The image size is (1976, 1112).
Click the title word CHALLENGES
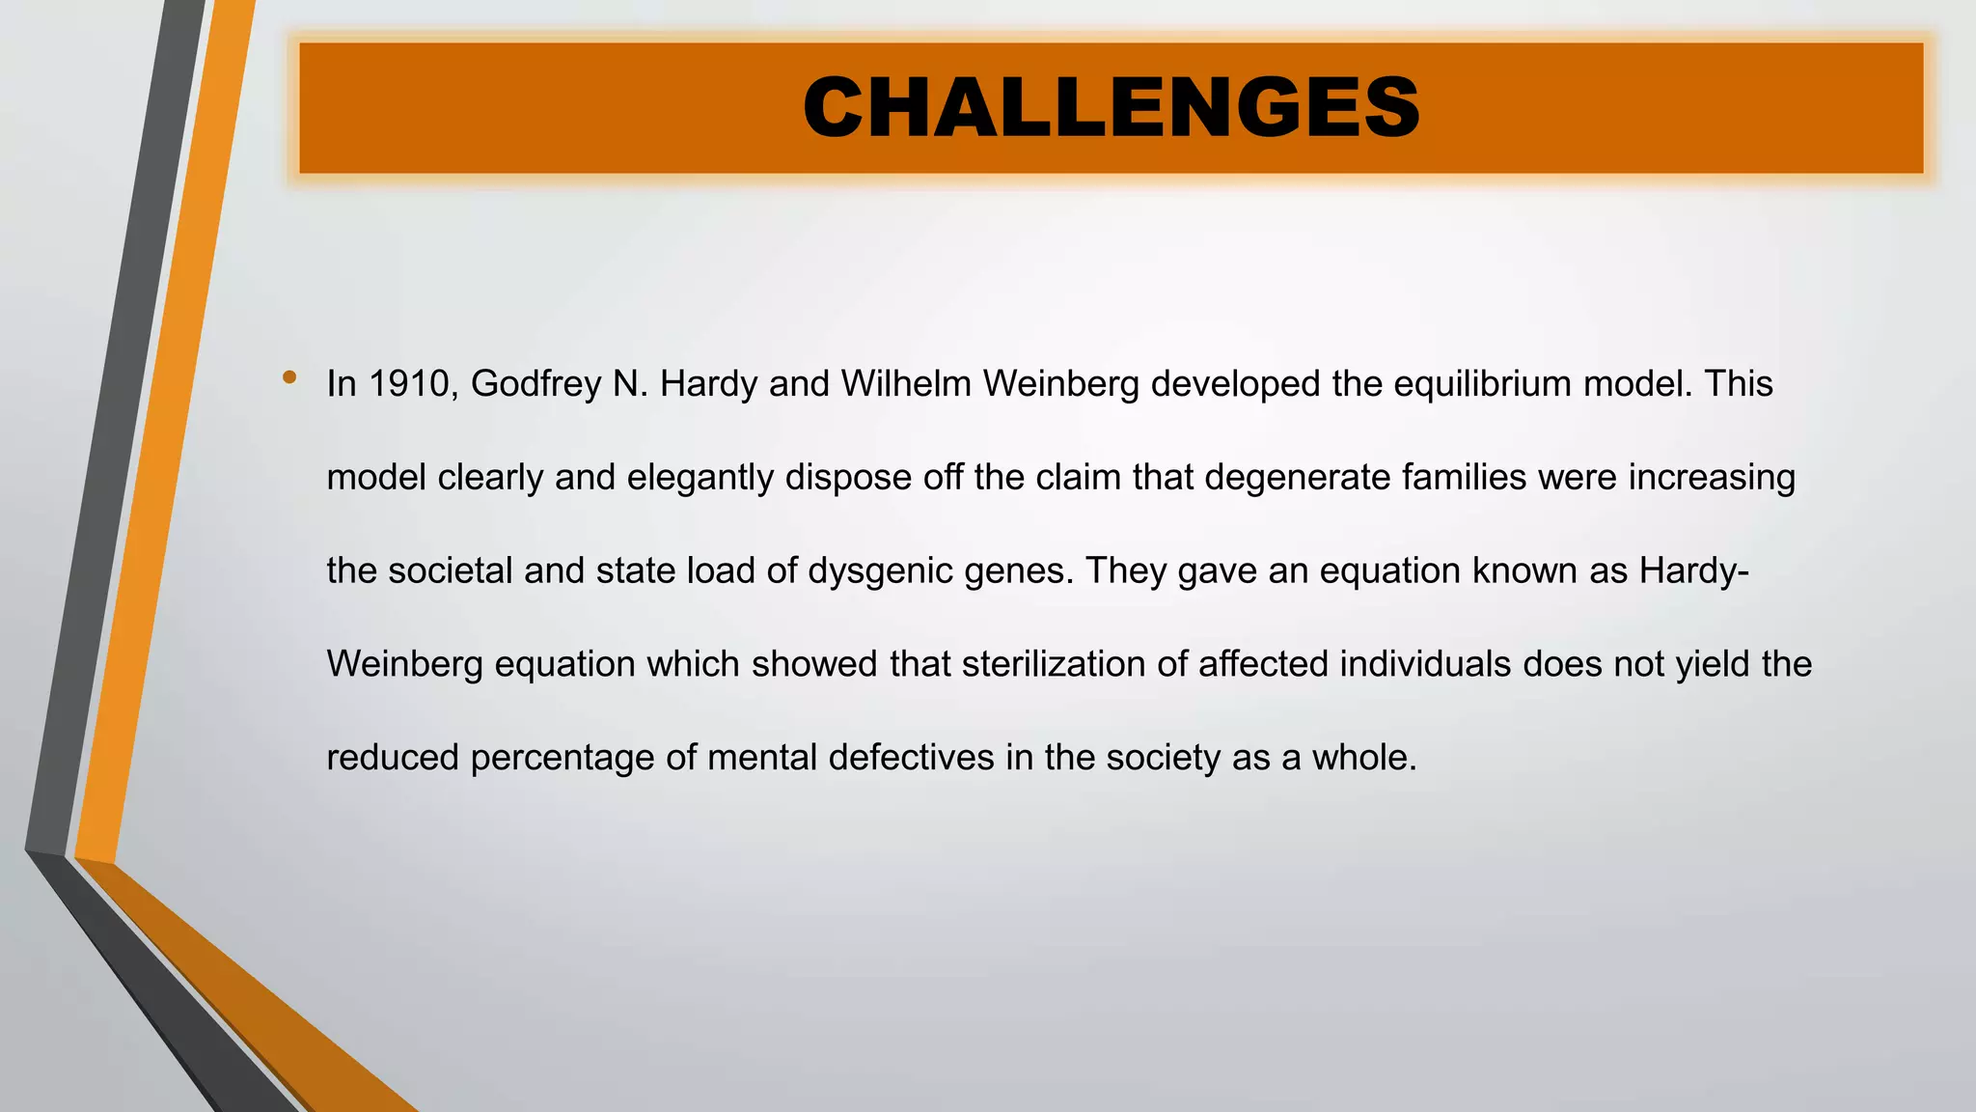[x=1111, y=107]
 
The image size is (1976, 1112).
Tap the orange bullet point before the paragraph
[x=289, y=377]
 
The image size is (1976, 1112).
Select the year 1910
[x=409, y=384]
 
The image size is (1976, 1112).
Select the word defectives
[x=911, y=758]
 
